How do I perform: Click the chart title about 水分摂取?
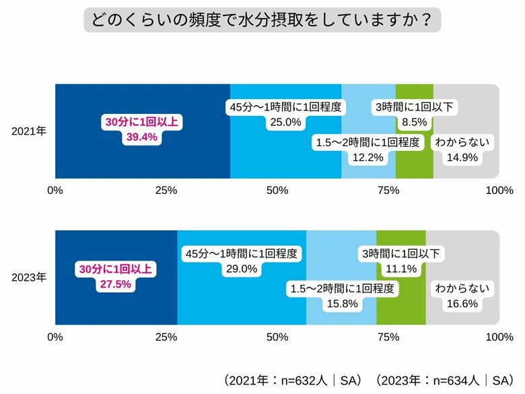point(262,20)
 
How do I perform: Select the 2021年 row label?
point(29,131)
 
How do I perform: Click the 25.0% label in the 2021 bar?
point(285,122)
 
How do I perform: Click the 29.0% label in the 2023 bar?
point(241,269)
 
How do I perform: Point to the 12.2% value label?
point(367,158)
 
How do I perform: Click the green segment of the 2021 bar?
point(414,168)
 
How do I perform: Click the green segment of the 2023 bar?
point(400,313)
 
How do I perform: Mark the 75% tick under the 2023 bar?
point(388,337)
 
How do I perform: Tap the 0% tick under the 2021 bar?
point(55,191)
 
